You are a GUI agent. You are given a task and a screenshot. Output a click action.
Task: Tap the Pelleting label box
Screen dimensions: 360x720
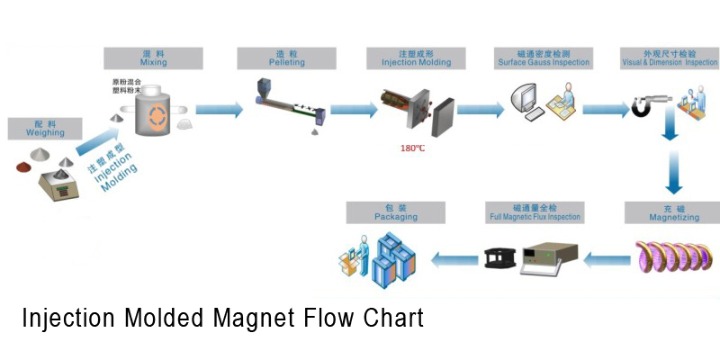tap(284, 58)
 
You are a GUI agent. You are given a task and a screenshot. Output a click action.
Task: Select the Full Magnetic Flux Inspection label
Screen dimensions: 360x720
tap(534, 212)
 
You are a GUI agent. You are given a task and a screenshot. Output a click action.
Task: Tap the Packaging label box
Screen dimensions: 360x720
tap(395, 212)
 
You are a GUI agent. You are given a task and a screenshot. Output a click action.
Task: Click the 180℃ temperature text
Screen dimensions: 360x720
tap(412, 148)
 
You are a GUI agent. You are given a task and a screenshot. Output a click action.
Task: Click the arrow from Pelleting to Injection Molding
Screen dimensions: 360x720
tap(353, 110)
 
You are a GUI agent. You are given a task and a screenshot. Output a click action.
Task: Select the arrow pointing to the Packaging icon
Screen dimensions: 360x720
tap(454, 260)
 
